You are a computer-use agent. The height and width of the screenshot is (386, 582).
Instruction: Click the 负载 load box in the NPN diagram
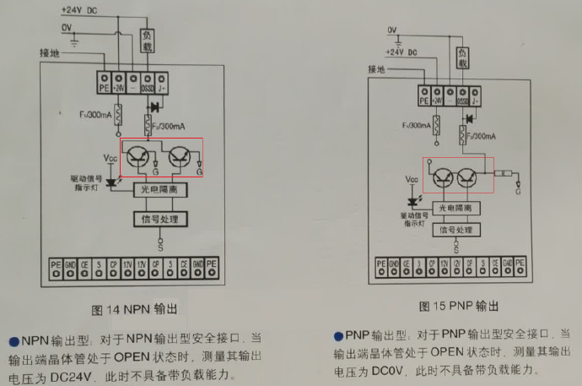(x=147, y=40)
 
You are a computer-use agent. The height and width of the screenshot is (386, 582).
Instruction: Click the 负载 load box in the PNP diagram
(x=461, y=57)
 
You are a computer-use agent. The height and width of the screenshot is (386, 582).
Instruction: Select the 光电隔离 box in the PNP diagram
(x=456, y=208)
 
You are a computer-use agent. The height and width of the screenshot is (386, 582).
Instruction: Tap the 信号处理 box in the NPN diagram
(x=159, y=219)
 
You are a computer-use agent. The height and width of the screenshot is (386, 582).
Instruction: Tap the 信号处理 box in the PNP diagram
(x=456, y=229)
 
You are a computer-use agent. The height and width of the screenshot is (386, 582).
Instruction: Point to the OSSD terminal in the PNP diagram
(x=461, y=100)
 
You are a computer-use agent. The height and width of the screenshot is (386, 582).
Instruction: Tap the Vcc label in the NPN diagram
(x=110, y=158)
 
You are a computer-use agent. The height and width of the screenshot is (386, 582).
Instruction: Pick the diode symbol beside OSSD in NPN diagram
(x=154, y=107)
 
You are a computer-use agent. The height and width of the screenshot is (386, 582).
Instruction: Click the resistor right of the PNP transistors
(x=504, y=173)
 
